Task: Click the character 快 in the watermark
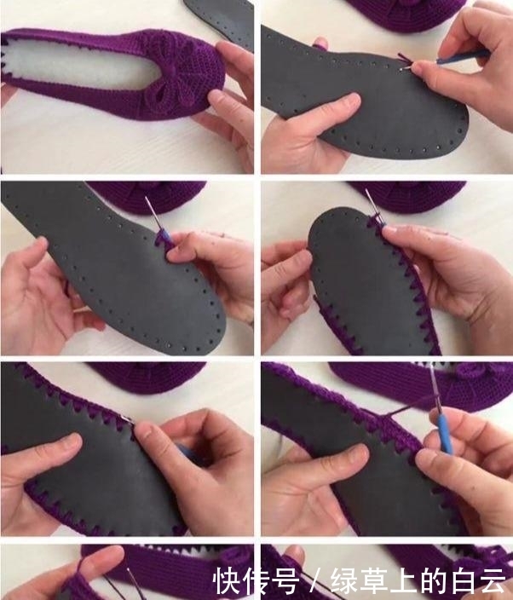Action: click(227, 580)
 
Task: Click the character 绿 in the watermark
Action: click(345, 580)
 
